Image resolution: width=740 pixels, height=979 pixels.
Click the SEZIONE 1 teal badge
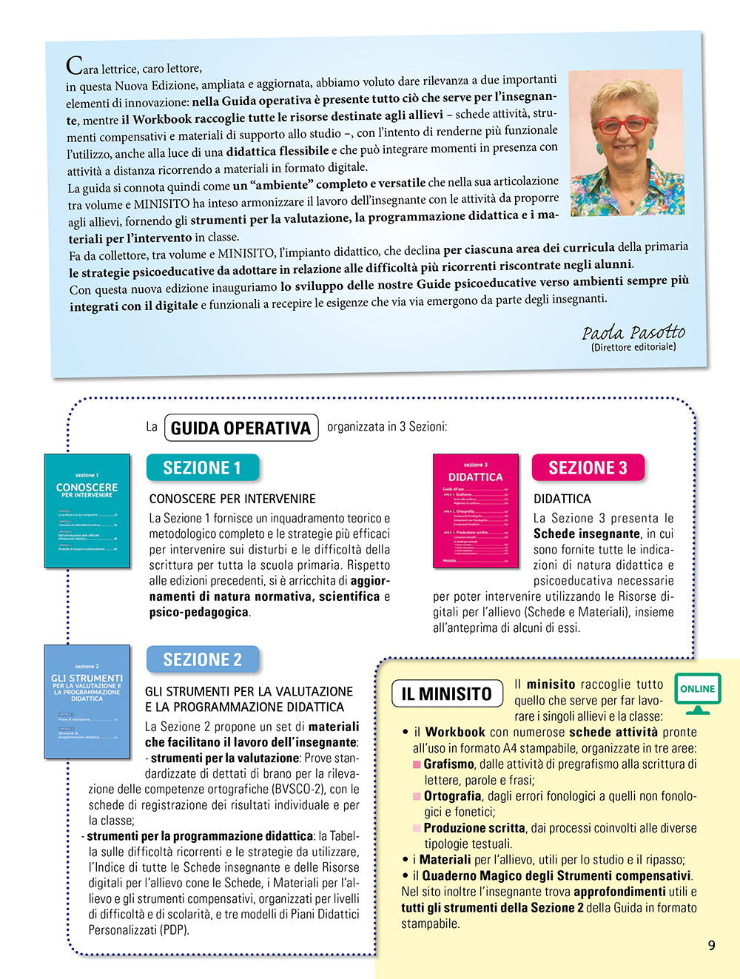pos(202,468)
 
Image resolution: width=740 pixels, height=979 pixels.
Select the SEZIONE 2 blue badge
pos(202,659)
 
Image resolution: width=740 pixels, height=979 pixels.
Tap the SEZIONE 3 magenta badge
pos(588,468)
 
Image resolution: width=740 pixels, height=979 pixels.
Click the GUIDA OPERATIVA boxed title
pos(240,428)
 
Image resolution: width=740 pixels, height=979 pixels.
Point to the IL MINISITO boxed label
pos(446,693)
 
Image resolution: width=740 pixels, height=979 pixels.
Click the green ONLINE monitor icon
pos(697,693)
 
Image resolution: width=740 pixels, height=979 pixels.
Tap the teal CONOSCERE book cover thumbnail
pos(87,511)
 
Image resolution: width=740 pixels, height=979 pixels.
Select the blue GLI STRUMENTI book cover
pos(87,701)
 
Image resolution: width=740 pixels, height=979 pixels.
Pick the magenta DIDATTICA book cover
pos(475,511)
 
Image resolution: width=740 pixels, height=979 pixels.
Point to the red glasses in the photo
pos(624,125)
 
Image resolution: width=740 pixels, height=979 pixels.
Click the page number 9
pos(711,945)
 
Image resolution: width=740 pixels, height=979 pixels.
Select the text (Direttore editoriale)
pos(633,347)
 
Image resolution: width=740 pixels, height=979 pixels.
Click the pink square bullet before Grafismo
pos(417,764)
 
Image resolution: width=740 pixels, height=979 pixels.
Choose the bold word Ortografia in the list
pos(452,796)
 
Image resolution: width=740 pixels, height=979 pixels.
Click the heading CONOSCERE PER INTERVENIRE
pos(232,499)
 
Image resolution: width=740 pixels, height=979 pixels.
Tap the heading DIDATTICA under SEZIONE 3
pos(562,499)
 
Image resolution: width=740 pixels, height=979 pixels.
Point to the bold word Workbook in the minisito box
pos(455,732)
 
